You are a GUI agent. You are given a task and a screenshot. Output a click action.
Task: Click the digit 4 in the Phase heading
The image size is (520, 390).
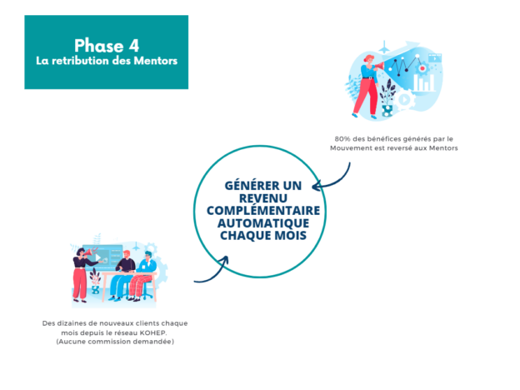[133, 46]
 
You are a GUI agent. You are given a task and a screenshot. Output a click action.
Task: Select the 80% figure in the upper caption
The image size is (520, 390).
[342, 139]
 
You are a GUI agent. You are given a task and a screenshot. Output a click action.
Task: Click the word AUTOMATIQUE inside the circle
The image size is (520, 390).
[263, 223]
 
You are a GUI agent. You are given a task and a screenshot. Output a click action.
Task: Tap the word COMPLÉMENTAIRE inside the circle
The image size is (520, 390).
[263, 210]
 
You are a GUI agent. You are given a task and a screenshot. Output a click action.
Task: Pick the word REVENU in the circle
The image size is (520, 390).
[263, 198]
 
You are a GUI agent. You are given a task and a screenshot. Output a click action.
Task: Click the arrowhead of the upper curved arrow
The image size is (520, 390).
[316, 186]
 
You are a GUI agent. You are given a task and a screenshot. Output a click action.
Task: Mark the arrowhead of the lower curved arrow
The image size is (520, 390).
[224, 260]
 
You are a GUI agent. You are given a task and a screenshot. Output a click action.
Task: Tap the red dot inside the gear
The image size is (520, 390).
[422, 68]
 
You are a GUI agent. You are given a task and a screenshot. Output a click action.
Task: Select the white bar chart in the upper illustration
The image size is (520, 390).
[424, 82]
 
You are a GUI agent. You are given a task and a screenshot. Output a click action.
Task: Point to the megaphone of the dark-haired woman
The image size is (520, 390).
[88, 253]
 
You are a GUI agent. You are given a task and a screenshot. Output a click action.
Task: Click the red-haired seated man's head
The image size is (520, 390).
[127, 254]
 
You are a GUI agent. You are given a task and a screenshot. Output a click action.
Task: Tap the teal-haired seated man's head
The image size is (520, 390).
[147, 256]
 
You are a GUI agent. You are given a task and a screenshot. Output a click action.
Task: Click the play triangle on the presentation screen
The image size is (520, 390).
[98, 257]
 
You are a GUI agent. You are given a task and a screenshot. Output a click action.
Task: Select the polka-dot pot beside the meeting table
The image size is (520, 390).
[95, 289]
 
